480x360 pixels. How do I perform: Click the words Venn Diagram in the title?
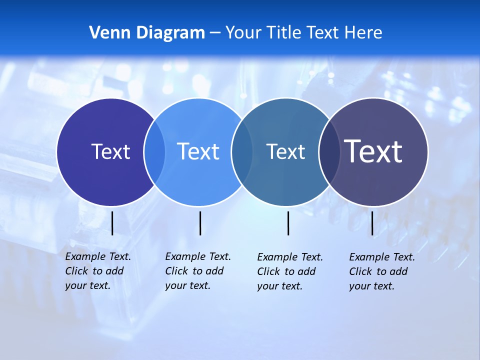coord(147,33)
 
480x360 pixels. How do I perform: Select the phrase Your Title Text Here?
coord(303,33)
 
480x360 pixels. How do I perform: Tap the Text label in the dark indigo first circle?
coord(110,151)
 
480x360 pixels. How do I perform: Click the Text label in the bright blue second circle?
coord(198,151)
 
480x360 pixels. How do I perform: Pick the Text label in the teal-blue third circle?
coord(285,151)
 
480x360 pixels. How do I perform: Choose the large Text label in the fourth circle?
coord(373,151)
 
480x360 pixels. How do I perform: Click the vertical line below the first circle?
coord(112,223)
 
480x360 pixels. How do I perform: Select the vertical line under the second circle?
coord(200,223)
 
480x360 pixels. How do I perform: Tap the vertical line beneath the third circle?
coord(288,223)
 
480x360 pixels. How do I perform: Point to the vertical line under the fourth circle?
coord(372,223)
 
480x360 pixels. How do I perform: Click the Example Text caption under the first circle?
coord(98,271)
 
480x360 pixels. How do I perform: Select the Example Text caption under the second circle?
coord(198,271)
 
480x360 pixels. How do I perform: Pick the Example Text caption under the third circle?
coord(290,271)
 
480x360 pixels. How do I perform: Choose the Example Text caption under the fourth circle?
coord(382,271)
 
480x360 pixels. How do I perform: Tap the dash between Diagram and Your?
coord(215,33)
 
